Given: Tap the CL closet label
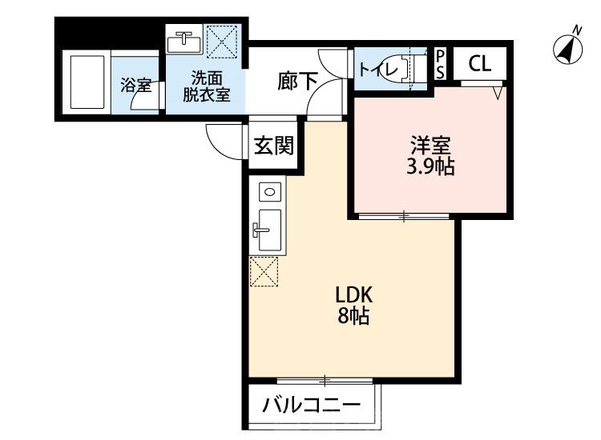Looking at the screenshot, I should coord(480,64).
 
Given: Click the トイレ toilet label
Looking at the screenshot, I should coord(378,69).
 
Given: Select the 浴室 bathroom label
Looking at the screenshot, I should coord(133,85).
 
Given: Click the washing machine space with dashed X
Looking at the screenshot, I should coord(220,39).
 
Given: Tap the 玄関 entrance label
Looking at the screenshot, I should coord(272,146).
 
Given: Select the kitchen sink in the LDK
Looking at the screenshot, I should coord(267,229).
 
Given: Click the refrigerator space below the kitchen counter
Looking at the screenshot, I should coord(264,272).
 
